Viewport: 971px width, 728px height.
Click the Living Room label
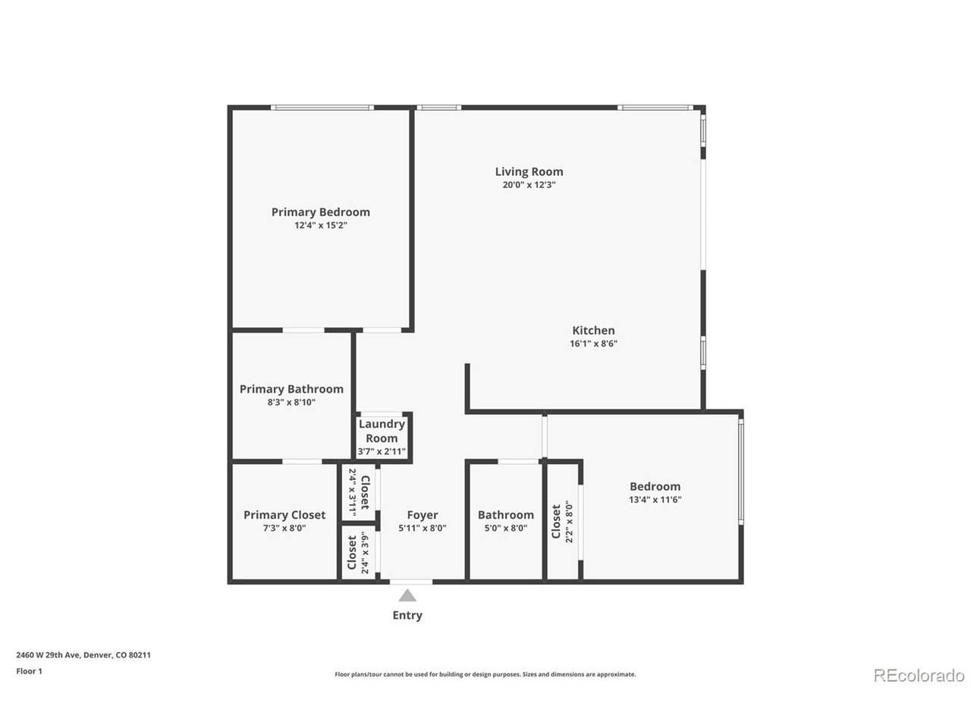click(x=529, y=171)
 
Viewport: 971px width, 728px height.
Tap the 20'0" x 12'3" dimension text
click(x=529, y=185)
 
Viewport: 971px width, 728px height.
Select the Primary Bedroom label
click(x=320, y=212)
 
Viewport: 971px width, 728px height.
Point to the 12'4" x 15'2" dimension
click(x=321, y=225)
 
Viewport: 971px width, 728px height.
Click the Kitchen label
click(x=593, y=330)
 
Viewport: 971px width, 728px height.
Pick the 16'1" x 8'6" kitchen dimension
click(x=593, y=344)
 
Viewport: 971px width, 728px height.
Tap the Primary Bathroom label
click(x=291, y=389)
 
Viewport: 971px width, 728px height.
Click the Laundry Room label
click(x=382, y=431)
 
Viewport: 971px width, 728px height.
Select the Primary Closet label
click(x=284, y=515)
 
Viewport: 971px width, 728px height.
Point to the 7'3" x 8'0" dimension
click(x=284, y=528)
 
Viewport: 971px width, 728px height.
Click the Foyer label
click(x=423, y=515)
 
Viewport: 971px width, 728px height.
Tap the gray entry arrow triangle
click(x=407, y=595)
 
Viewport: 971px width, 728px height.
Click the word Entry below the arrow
click(x=407, y=615)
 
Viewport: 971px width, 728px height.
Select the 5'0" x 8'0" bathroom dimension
click(x=506, y=528)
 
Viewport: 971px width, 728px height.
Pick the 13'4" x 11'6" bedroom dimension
click(x=655, y=500)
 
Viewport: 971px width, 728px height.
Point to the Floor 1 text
click(x=29, y=671)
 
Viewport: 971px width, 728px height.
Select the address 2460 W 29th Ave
click(x=49, y=654)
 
